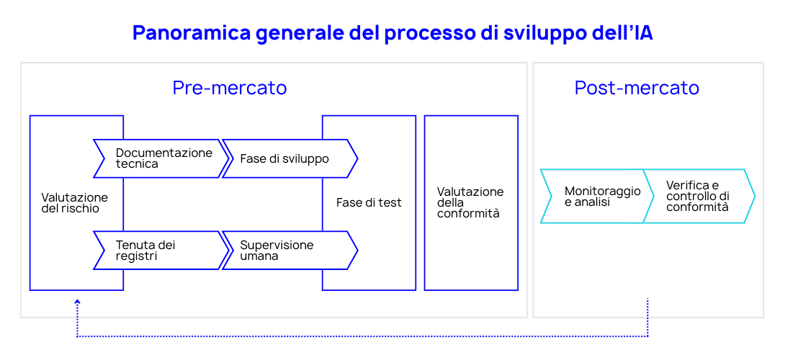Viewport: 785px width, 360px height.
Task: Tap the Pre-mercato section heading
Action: coord(229,88)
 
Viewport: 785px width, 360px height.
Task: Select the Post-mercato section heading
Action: coord(637,88)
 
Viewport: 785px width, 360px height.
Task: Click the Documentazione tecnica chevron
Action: coord(162,158)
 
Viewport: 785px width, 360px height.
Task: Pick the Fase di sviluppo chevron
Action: coord(288,158)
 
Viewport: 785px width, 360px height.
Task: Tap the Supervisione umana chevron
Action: coord(288,251)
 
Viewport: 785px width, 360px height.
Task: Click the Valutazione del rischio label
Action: coord(74,203)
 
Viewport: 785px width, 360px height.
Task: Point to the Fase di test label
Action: coord(369,203)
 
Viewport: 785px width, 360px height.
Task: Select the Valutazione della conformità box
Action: coord(471,203)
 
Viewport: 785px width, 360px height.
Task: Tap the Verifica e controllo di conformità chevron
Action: coord(697,197)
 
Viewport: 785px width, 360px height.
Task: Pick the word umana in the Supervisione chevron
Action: coord(259,256)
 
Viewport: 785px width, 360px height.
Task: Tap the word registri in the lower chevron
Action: coord(136,256)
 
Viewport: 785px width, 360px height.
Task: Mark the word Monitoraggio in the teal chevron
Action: coord(602,192)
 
